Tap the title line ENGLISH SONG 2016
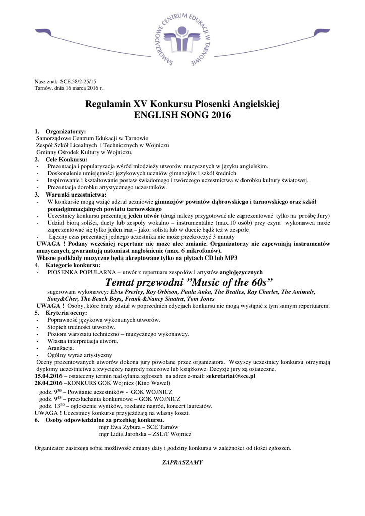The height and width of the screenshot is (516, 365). [182, 115]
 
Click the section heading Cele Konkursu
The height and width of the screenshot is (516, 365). [66, 159]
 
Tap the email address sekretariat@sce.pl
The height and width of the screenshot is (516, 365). [230, 376]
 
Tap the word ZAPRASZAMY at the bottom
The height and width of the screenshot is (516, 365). [182, 462]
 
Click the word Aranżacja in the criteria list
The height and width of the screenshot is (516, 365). [60, 348]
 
